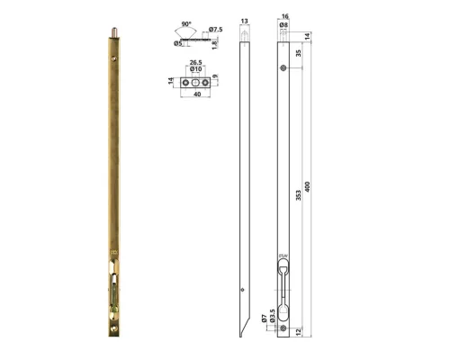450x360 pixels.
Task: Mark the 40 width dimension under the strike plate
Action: (x=195, y=99)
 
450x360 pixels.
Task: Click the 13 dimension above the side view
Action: (x=244, y=19)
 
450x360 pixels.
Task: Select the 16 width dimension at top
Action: (x=283, y=16)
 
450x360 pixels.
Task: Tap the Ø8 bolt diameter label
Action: (x=283, y=25)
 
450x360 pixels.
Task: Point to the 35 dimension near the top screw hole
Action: (x=299, y=54)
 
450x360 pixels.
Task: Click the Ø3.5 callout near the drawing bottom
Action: (x=272, y=318)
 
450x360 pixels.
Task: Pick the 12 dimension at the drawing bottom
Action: (x=299, y=331)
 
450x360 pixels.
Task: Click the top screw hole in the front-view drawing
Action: (x=283, y=68)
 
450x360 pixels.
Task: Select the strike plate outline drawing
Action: (x=195, y=82)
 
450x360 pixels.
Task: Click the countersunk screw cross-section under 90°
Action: (x=187, y=38)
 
